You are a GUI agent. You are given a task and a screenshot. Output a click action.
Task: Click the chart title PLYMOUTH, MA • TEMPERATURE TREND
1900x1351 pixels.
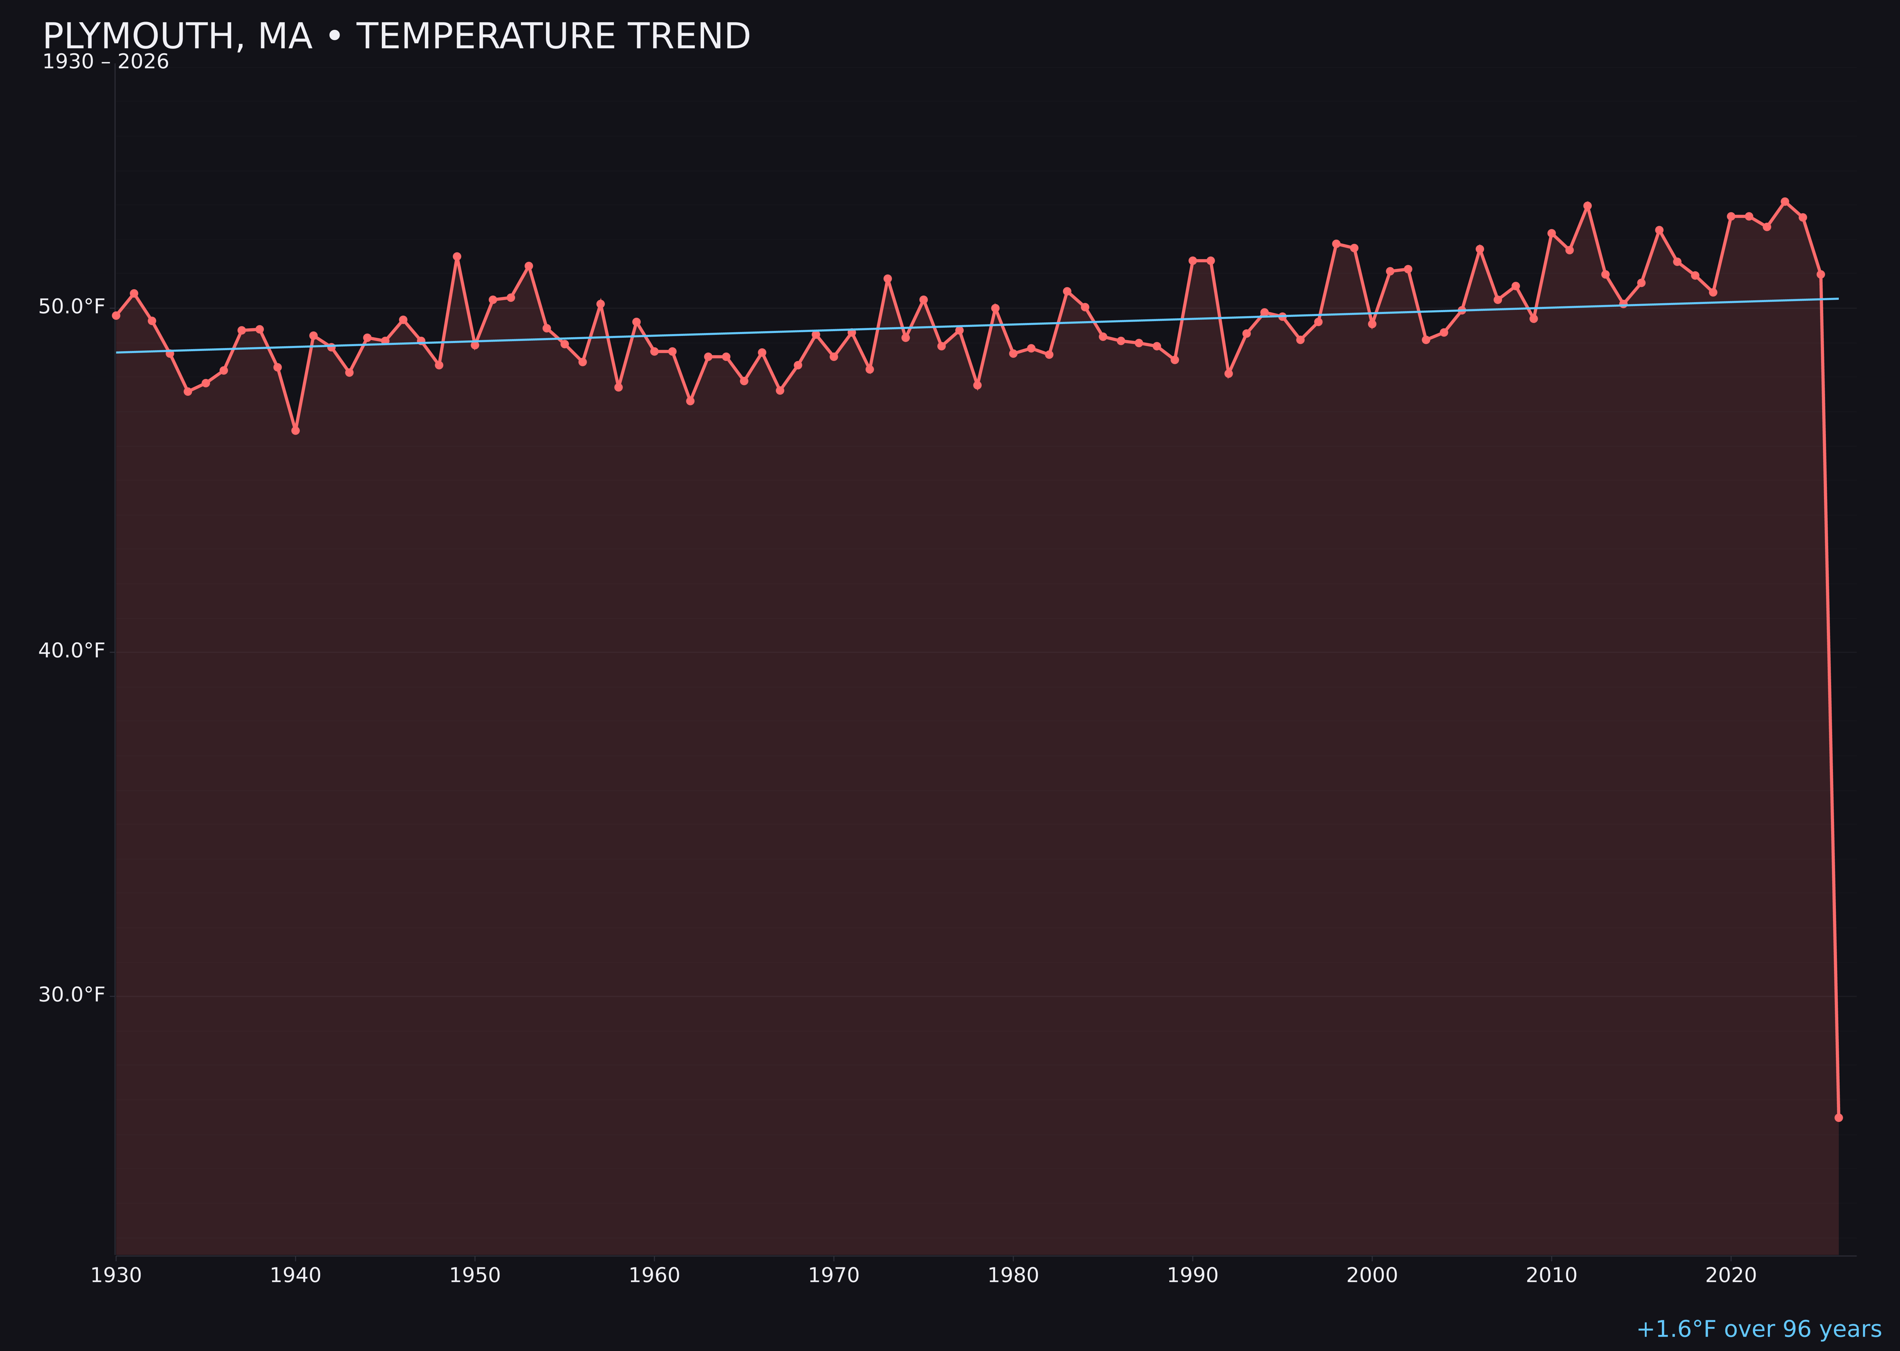point(396,37)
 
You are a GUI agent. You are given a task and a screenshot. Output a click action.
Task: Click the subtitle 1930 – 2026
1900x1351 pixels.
point(105,62)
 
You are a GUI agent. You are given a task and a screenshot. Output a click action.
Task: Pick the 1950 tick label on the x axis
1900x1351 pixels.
point(475,1275)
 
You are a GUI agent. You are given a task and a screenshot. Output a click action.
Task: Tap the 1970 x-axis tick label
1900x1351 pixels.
point(834,1275)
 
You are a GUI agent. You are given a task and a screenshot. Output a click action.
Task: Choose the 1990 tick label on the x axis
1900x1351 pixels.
point(1192,1275)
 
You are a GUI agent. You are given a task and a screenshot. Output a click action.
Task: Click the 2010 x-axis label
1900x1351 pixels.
point(1551,1275)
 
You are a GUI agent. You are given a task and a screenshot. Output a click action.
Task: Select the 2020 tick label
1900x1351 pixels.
point(1730,1275)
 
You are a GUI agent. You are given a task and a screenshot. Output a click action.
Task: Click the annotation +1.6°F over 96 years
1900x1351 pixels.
point(1758,1329)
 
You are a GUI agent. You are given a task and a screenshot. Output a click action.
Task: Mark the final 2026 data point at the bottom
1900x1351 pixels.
point(1838,1117)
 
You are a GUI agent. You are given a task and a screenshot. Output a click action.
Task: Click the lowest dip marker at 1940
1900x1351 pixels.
point(295,430)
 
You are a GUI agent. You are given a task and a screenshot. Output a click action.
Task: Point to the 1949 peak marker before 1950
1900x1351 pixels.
point(456,256)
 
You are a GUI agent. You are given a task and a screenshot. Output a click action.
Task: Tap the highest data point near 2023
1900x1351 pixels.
point(1785,201)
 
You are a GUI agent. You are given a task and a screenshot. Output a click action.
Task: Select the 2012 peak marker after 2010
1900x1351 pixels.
point(1587,206)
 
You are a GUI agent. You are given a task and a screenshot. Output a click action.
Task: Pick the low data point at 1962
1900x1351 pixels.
point(691,401)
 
